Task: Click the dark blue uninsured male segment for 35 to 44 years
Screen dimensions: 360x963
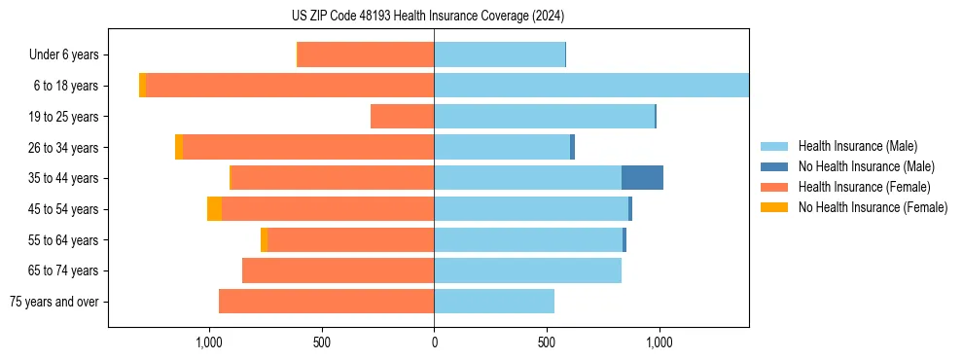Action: [x=642, y=178]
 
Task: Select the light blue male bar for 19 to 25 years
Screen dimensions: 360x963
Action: [x=544, y=116]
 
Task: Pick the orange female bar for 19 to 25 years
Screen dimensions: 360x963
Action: [x=402, y=116]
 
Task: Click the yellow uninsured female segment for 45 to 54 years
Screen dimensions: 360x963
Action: [x=214, y=209]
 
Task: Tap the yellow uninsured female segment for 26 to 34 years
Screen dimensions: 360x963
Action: [x=179, y=147]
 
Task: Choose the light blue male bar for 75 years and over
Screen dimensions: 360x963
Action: [x=494, y=302]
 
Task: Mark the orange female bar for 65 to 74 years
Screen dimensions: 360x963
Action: [x=338, y=270]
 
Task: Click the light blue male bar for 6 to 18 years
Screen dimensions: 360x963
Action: [x=591, y=86]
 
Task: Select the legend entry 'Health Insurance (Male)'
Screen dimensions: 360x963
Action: [x=857, y=146]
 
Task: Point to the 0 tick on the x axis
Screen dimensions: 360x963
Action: [x=434, y=342]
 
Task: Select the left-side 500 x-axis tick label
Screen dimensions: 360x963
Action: [x=322, y=342]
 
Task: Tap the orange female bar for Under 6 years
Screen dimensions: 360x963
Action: [x=366, y=54]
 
